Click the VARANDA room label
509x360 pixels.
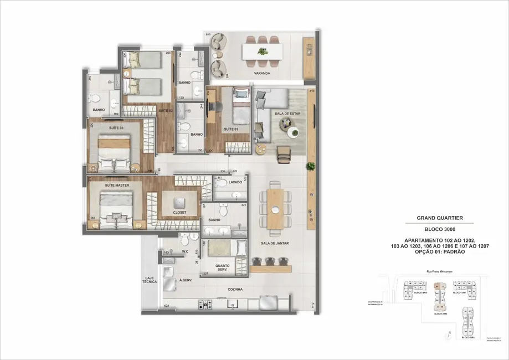click(x=263, y=73)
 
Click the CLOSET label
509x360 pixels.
click(x=179, y=212)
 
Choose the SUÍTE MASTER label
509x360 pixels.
click(x=117, y=182)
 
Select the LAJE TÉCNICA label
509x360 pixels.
click(x=151, y=280)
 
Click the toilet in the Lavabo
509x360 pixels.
click(x=222, y=183)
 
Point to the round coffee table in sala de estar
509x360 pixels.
click(x=294, y=132)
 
